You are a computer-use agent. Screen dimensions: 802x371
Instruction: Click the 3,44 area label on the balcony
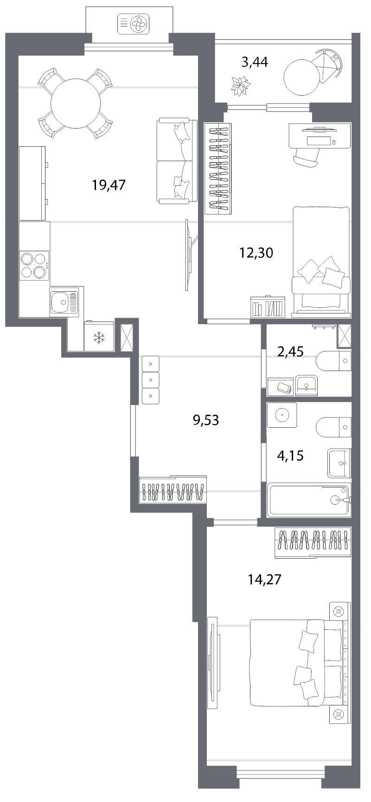tap(255, 62)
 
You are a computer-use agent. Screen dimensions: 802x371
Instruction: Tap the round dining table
tap(75, 104)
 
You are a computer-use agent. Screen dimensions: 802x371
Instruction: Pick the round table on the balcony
tap(301, 78)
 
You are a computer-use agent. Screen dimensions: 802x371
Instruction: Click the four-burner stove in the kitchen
tap(34, 265)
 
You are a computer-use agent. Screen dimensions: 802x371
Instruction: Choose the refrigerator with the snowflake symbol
tap(99, 337)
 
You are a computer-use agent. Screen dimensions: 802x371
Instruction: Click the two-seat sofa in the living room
tap(174, 161)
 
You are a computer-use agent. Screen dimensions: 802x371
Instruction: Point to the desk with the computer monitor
tap(319, 135)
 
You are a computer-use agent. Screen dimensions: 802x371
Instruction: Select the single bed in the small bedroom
tap(321, 260)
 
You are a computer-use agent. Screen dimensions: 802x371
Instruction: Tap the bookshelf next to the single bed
tap(267, 307)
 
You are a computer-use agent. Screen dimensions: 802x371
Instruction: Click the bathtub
tap(309, 500)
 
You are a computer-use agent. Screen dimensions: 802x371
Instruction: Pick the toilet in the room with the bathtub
tap(333, 427)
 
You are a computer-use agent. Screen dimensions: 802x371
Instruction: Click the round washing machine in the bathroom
tap(282, 414)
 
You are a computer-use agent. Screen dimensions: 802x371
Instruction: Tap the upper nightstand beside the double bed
tap(339, 611)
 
